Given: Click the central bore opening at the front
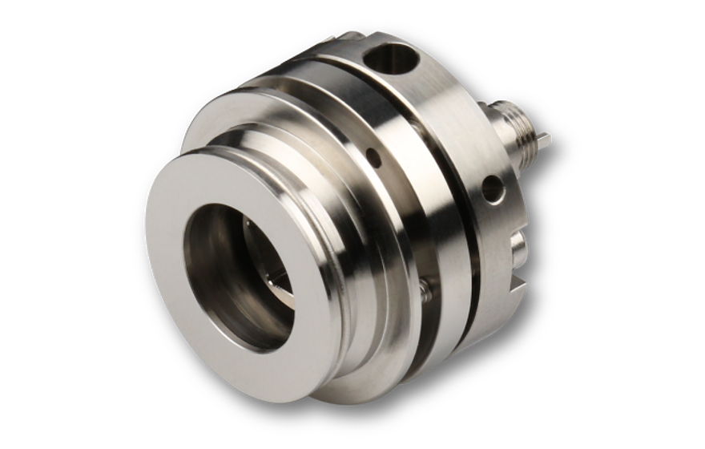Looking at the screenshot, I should (x=240, y=277).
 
